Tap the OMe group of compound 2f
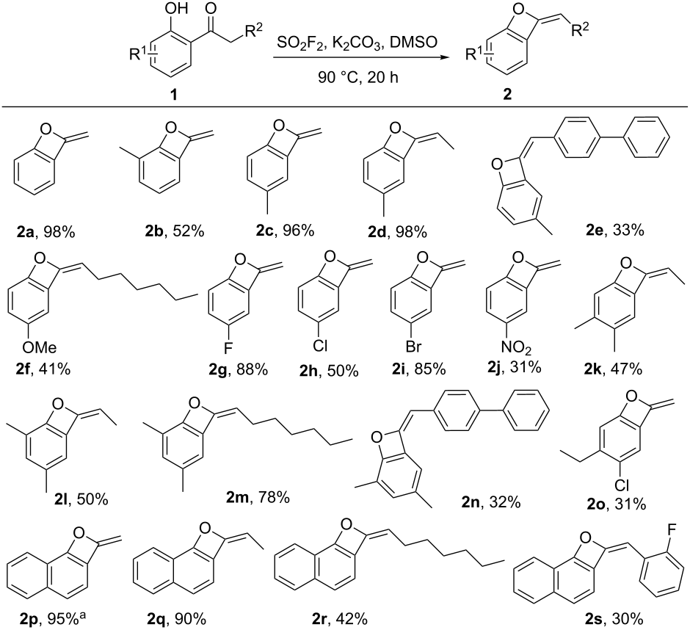(40, 347)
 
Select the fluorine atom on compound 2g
(228, 348)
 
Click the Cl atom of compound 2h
(320, 347)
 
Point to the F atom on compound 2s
(672, 530)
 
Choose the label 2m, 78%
(258, 497)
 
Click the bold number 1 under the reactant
(174, 94)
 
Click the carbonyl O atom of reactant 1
(211, 9)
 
